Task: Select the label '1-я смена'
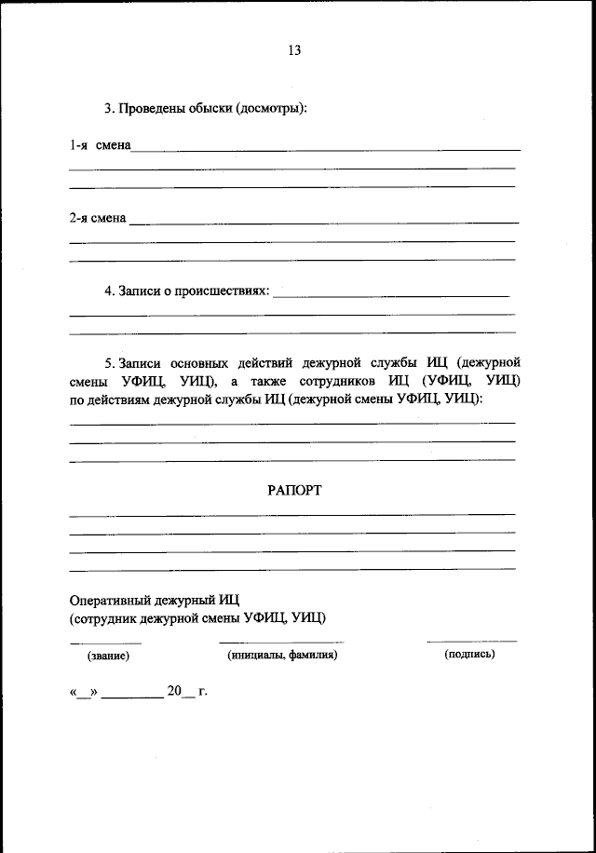100,145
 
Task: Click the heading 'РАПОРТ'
294,491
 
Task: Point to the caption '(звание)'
108,656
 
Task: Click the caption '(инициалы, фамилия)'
282,655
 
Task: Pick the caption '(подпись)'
470,654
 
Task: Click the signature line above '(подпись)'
471,642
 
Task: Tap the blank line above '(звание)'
106,643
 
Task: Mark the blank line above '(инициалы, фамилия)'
281,643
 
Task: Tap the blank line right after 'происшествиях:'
392,296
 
